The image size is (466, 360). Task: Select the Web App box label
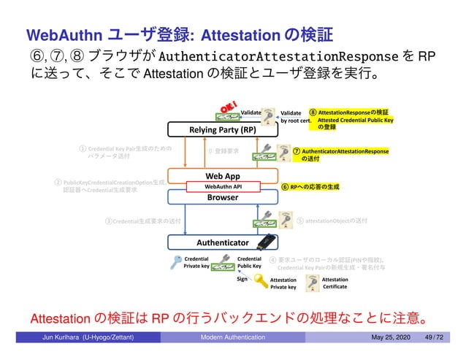[x=222, y=177]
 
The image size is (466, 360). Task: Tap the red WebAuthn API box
[x=222, y=187]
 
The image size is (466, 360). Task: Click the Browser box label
[x=222, y=197]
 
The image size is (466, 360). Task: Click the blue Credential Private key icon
[x=175, y=261]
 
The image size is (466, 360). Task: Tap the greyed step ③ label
[x=142, y=219]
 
